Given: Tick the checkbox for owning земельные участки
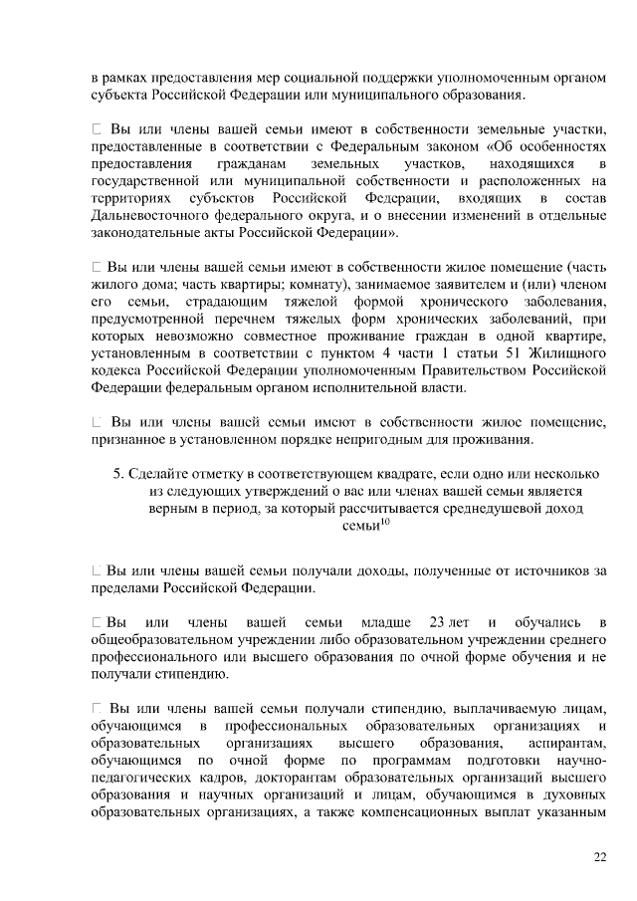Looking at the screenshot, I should pyautogui.click(x=96, y=129).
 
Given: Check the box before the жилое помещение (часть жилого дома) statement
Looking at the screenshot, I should pyautogui.click(x=96, y=268).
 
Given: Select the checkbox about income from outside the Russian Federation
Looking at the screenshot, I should pyautogui.click(x=96, y=570).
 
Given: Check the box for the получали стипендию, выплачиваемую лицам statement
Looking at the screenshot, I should pyautogui.click(x=96, y=708).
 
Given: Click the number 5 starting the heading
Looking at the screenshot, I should pyautogui.click(x=117, y=473).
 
